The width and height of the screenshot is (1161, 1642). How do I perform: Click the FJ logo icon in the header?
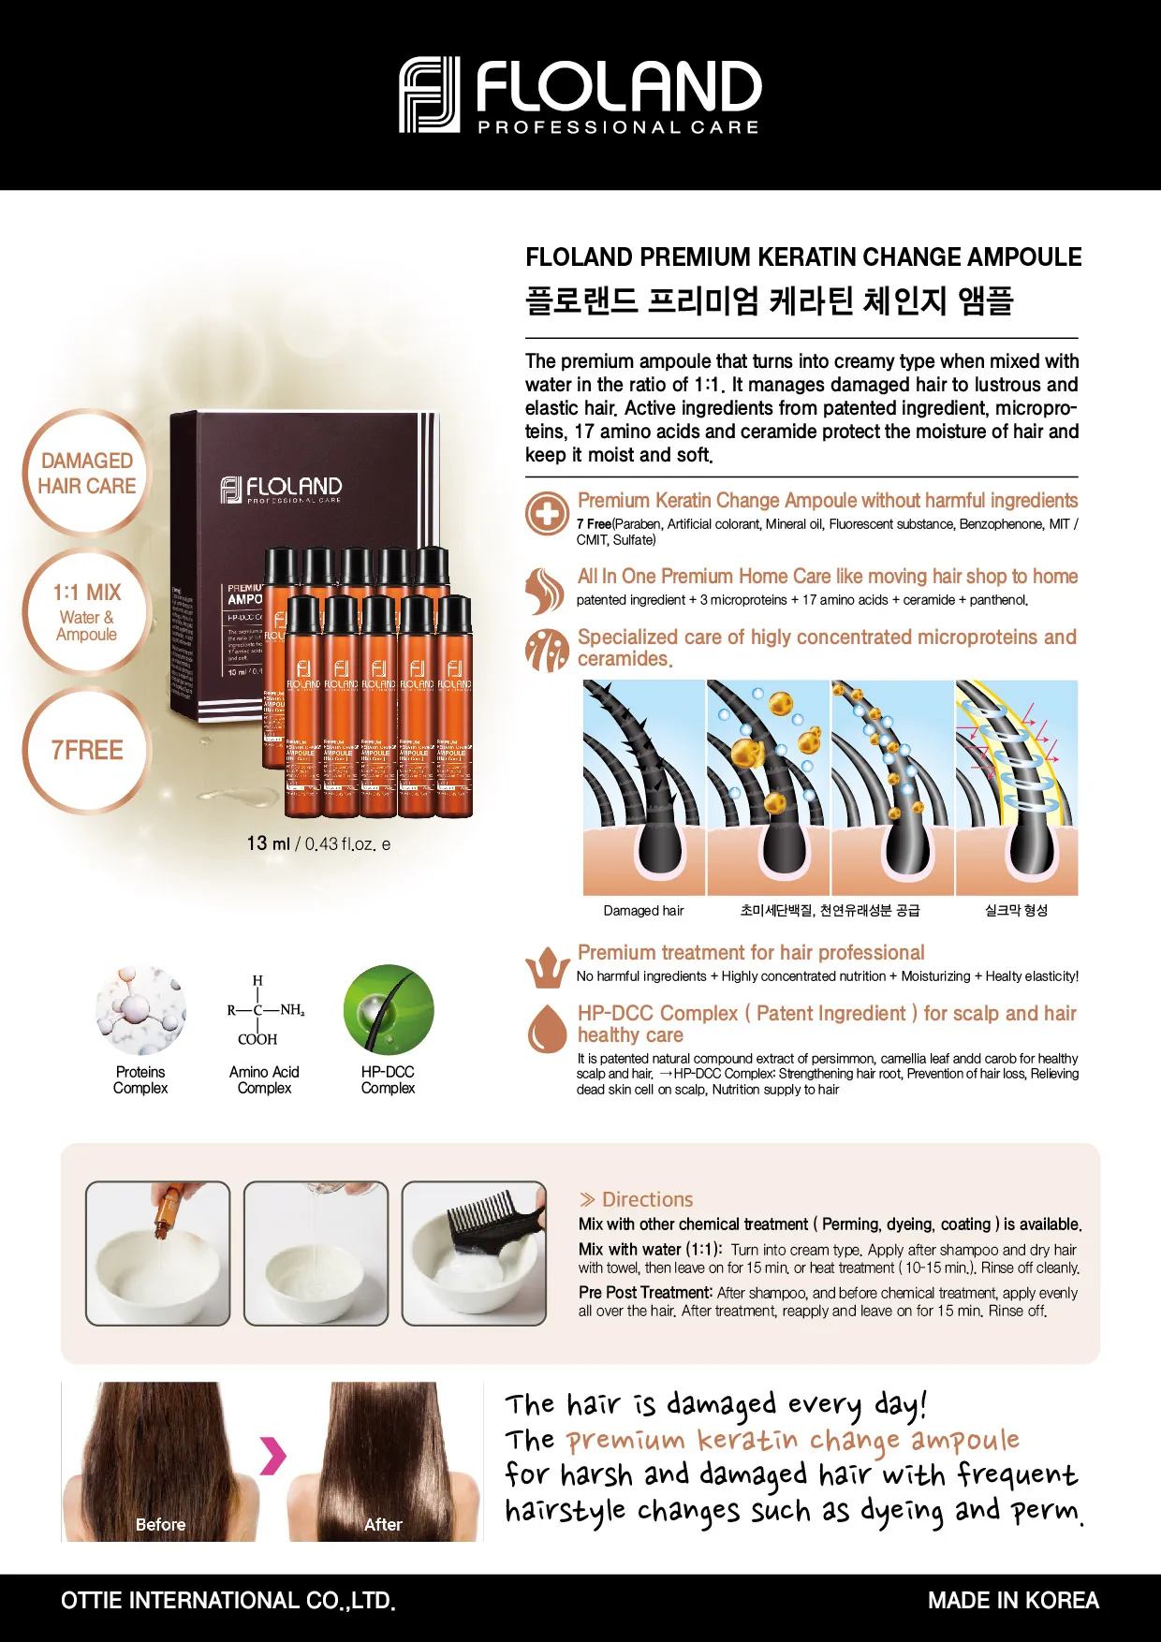click(x=430, y=95)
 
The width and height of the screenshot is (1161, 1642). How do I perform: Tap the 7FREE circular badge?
click(x=87, y=750)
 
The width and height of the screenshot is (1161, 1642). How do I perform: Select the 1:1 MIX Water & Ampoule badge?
click(x=87, y=611)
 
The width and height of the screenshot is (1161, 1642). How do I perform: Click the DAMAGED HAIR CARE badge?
click(x=87, y=473)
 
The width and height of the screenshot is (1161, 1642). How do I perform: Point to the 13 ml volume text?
click(x=269, y=843)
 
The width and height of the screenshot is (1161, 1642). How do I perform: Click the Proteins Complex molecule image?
click(x=140, y=1011)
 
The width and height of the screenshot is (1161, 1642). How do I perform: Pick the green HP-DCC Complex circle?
click(x=389, y=1010)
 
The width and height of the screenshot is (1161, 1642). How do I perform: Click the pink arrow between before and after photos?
click(x=272, y=1455)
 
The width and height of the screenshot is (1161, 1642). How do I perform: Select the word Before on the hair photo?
click(x=160, y=1524)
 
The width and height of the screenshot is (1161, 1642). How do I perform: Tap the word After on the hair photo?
click(x=383, y=1524)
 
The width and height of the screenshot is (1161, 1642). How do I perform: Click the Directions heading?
click(x=647, y=1199)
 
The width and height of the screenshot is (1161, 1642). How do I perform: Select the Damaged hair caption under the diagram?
click(x=643, y=911)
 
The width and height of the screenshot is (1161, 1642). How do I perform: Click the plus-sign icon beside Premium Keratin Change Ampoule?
click(x=547, y=513)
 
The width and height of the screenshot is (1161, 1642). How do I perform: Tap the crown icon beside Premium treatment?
click(x=547, y=967)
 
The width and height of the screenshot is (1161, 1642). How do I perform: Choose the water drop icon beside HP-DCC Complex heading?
click(x=547, y=1028)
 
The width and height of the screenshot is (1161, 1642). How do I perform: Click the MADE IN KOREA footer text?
click(x=1013, y=1600)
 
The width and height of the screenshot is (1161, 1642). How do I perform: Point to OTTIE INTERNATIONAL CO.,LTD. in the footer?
click(x=228, y=1600)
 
